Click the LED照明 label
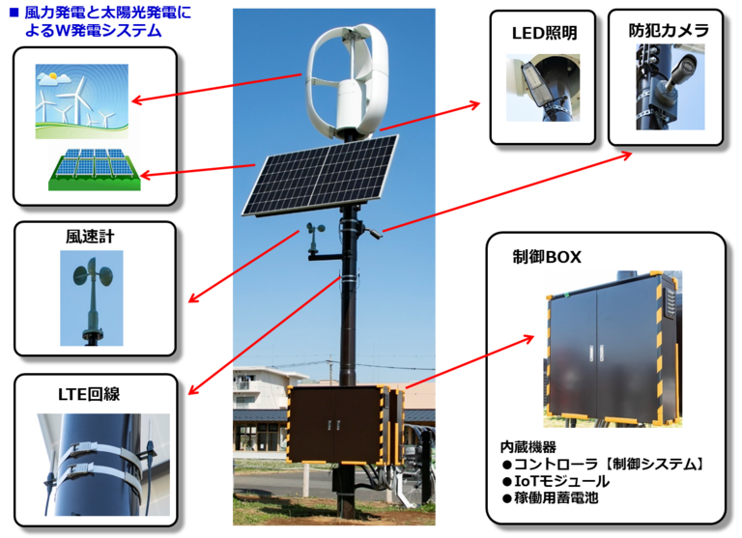544,35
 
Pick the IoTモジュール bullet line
556,481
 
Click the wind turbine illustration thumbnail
74,96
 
